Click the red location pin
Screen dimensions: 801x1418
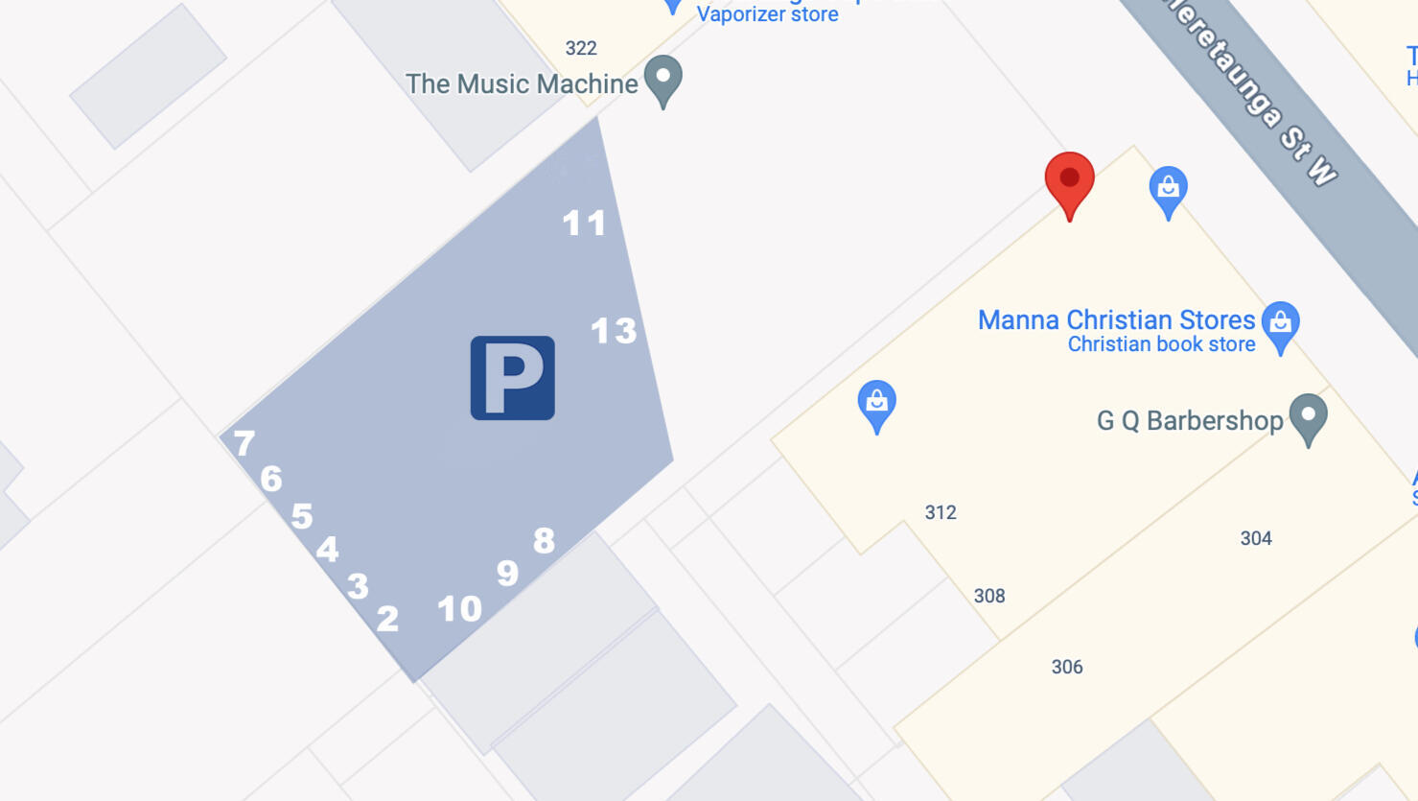[1069, 181]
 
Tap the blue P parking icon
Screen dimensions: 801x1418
[512, 378]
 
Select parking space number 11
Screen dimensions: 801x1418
[584, 224]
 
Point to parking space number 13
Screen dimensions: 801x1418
[613, 331]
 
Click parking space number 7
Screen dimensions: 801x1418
[244, 443]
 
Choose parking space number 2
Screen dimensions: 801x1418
[387, 619]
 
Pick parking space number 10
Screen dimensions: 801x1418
[459, 608]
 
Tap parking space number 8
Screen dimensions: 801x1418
[544, 541]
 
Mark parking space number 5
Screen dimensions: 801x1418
[302, 516]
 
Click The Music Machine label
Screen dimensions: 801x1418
[522, 84]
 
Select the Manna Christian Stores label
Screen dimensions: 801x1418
[1116, 319]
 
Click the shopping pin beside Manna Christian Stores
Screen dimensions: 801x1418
[1280, 324]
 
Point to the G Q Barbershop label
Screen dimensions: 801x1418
[1189, 420]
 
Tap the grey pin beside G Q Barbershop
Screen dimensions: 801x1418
[1308, 416]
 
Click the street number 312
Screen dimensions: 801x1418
[941, 512]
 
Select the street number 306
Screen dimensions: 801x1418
[1067, 667]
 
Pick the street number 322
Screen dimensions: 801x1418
[581, 48]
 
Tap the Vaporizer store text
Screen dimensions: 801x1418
[767, 14]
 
